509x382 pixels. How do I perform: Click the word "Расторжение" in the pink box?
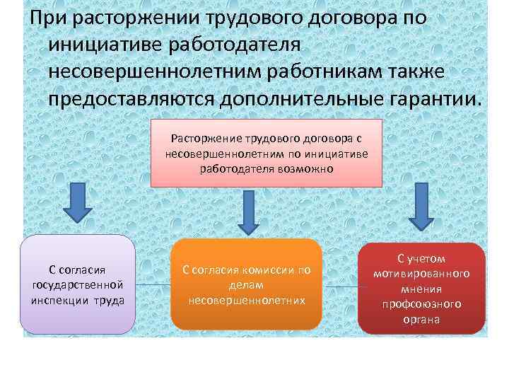(204, 139)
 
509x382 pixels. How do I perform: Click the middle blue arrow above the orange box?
(247, 212)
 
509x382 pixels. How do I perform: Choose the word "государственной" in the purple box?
(78, 284)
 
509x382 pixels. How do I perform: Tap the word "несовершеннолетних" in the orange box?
(247, 300)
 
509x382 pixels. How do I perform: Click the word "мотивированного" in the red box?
(422, 273)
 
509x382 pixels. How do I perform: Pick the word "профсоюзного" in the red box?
(422, 303)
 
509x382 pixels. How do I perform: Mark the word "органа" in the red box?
(422, 319)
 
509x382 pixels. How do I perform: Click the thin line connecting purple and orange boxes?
(153, 285)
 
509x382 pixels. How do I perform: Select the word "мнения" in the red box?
(422, 289)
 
